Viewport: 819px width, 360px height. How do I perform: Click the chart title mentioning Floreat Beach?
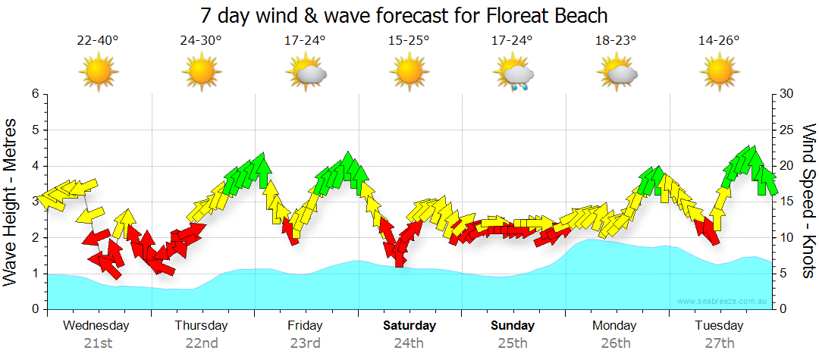[404, 15]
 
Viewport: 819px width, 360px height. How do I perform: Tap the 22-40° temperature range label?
[98, 41]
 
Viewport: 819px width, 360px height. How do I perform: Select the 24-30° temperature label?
[201, 41]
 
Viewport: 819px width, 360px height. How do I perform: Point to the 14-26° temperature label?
[719, 41]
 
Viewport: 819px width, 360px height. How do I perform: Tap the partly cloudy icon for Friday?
[306, 74]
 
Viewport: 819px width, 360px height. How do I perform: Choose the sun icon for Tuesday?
[719, 73]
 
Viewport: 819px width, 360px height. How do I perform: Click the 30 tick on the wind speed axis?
[787, 94]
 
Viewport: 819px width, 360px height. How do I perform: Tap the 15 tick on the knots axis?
[787, 202]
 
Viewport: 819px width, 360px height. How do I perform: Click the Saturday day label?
[409, 326]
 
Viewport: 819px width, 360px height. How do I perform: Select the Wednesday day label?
[96, 326]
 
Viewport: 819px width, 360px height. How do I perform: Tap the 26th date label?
[615, 343]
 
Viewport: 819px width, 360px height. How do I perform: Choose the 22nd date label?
[201, 343]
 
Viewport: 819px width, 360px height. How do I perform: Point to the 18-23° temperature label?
[616, 41]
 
